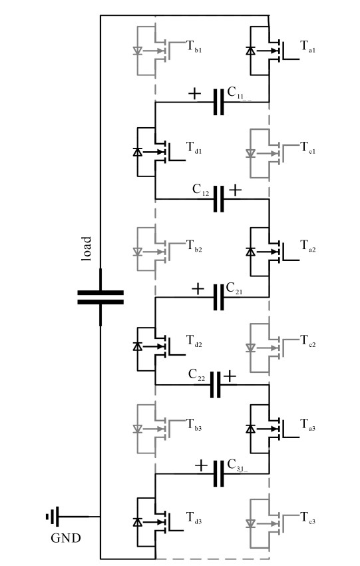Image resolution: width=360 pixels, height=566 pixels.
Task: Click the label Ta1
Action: [307, 47]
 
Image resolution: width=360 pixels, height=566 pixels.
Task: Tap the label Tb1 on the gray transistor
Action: [194, 47]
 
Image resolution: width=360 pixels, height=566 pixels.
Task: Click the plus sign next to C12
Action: [235, 190]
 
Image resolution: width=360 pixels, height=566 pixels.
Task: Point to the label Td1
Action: [194, 148]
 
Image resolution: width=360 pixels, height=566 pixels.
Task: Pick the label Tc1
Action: [307, 148]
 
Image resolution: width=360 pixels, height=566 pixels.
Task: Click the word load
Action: [86, 248]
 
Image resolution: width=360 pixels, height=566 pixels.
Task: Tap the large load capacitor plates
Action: [100, 298]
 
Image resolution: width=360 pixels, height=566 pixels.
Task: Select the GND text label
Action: [66, 538]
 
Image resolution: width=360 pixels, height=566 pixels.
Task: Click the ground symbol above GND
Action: [53, 517]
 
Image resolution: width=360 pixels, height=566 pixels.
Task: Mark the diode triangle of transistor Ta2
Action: [250, 252]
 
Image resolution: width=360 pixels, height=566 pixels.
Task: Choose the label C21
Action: [234, 289]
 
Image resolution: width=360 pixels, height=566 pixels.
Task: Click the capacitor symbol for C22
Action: [216, 385]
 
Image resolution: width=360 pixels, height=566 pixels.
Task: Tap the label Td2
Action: [194, 341]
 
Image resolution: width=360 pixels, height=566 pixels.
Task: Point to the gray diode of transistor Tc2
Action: [250, 348]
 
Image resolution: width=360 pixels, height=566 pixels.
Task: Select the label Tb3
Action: [194, 425]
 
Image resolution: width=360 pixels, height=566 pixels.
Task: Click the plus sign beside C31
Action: [201, 465]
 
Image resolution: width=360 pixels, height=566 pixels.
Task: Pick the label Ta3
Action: [307, 425]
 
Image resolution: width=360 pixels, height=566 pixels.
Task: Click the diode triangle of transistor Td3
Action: [137, 522]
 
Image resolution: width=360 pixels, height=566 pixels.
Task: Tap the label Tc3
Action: [307, 518]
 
